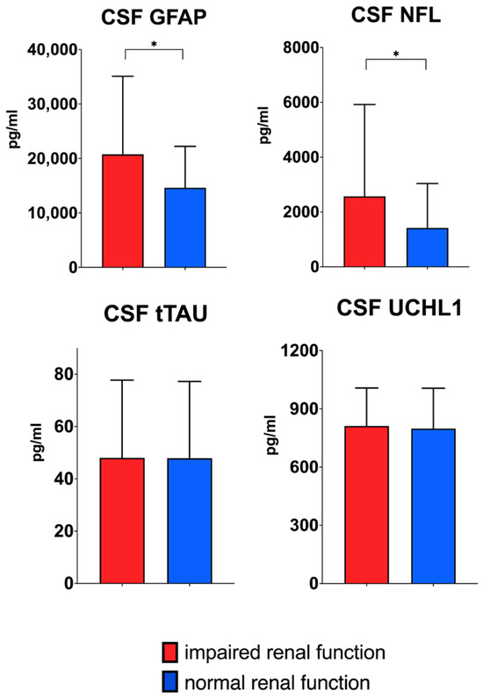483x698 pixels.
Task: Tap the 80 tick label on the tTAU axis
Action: [61, 374]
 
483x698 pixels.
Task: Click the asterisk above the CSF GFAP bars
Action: [155, 41]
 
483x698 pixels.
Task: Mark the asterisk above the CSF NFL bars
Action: [395, 54]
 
